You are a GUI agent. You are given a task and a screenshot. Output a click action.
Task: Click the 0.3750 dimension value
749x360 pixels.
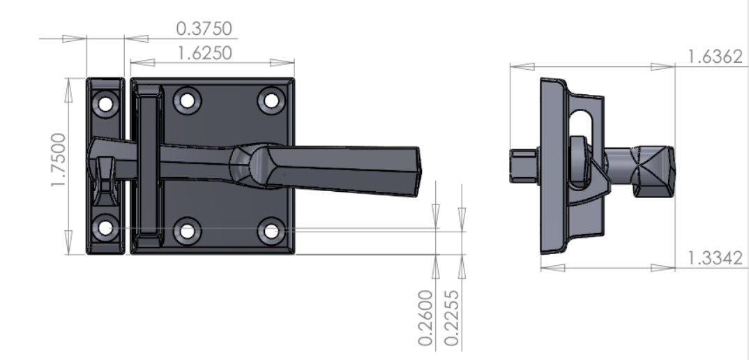pos(204,29)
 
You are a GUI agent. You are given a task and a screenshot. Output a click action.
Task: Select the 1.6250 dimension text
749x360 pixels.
pos(204,53)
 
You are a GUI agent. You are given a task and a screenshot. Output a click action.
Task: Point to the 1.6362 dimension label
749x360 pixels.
pos(714,57)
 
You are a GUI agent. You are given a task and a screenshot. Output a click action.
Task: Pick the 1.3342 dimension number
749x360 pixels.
pos(714,258)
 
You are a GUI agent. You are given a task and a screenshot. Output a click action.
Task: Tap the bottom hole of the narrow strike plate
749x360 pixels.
pos(105,227)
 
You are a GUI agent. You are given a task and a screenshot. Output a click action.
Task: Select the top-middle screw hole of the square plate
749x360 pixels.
pos(187,100)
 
